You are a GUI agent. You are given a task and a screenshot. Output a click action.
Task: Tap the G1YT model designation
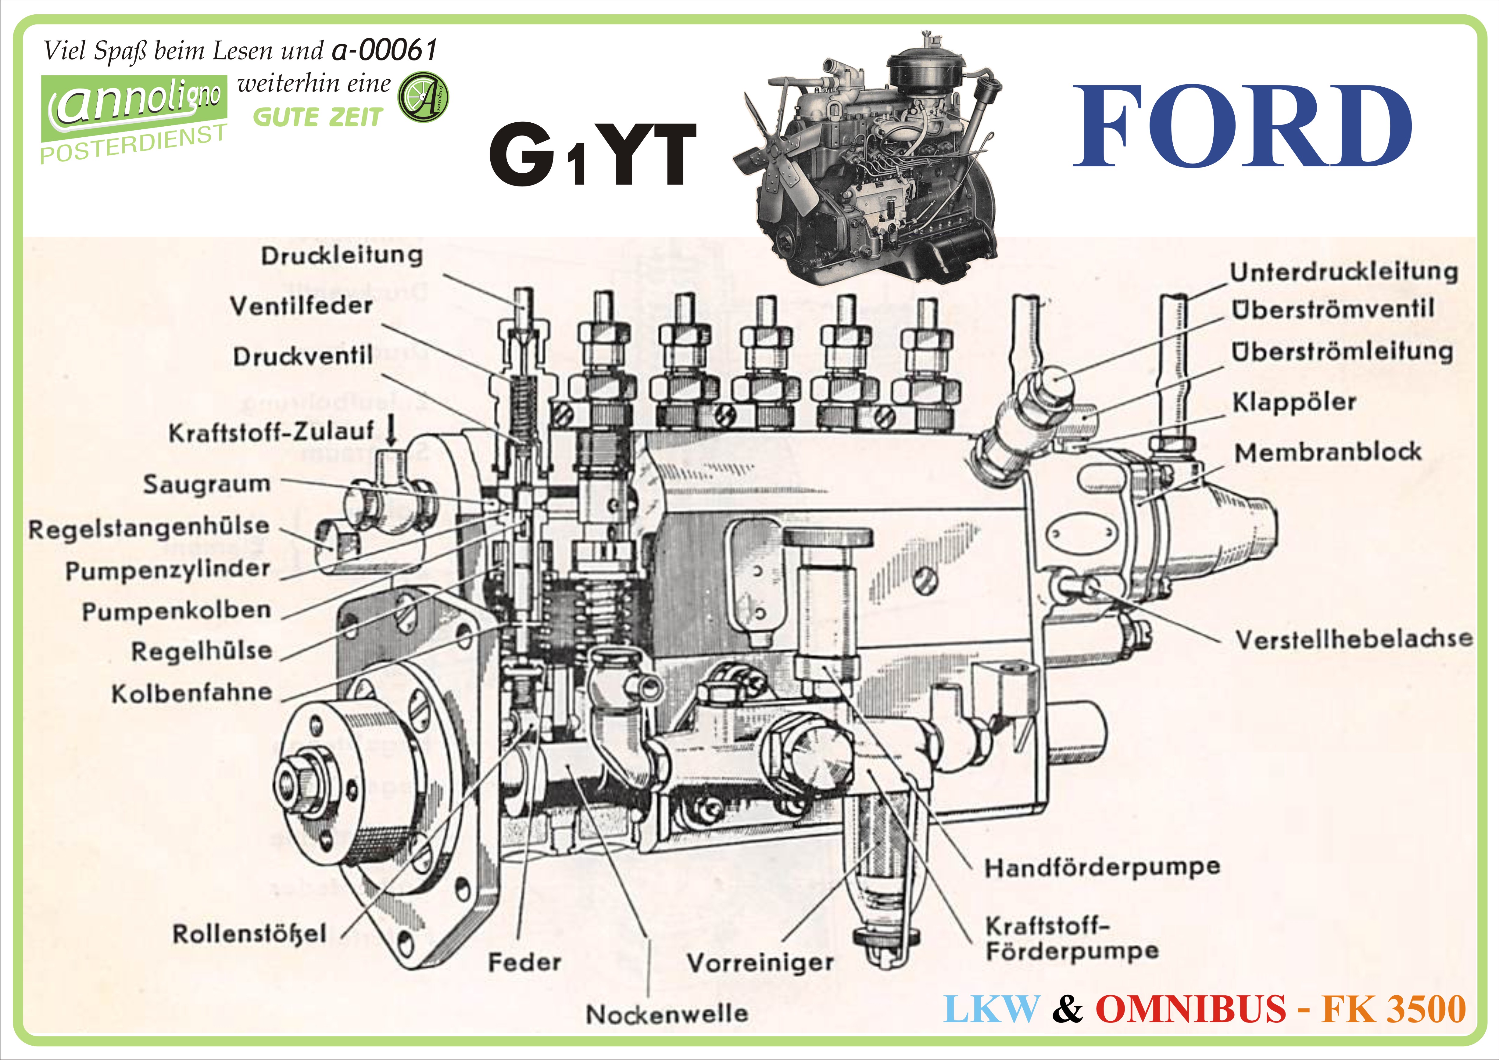coord(593,155)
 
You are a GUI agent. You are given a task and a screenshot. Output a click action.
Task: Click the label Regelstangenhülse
coord(149,528)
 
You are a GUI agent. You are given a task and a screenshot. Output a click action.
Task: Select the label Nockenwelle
coord(667,1014)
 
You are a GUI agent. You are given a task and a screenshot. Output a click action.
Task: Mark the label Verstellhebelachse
coord(1354,639)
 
